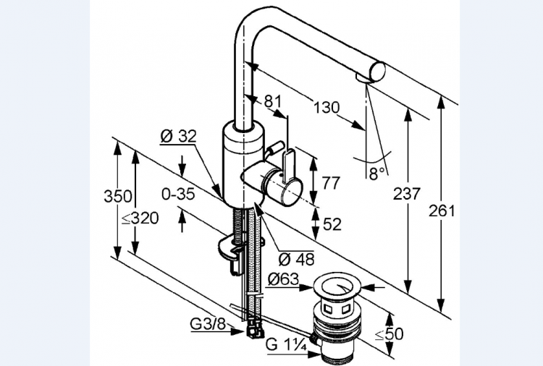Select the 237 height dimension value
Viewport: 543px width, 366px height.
pyautogui.click(x=406, y=194)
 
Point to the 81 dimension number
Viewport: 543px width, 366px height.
pyautogui.click(x=273, y=103)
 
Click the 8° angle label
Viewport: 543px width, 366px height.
pyautogui.click(x=376, y=174)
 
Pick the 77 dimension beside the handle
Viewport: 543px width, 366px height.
pyautogui.click(x=331, y=182)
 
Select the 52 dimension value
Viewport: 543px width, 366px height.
pyautogui.click(x=332, y=224)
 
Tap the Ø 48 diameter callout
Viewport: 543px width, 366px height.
pyautogui.click(x=297, y=258)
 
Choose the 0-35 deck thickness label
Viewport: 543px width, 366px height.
pyautogui.click(x=178, y=194)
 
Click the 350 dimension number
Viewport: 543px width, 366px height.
pyautogui.click(x=117, y=196)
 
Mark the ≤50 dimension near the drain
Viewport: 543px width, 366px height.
pyautogui.click(x=390, y=334)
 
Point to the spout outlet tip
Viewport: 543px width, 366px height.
pyautogui.click(x=366, y=77)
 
